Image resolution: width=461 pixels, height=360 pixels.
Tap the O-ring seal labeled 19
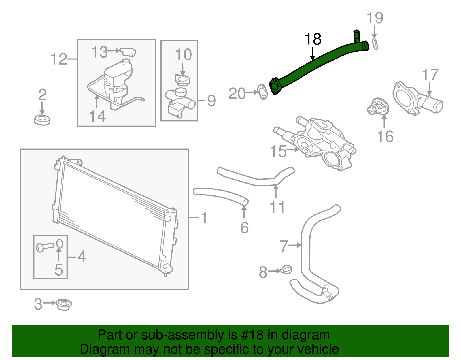click(x=375, y=44)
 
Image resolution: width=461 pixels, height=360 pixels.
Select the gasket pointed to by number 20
click(x=262, y=92)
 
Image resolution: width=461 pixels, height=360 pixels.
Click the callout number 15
click(x=278, y=151)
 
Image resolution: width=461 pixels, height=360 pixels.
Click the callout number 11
click(x=277, y=207)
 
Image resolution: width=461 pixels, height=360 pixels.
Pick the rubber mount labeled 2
click(x=42, y=120)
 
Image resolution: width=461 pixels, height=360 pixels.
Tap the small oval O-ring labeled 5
click(x=59, y=243)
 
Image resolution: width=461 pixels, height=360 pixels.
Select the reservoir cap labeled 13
click(x=128, y=52)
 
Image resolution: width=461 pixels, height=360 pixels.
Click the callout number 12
click(x=58, y=59)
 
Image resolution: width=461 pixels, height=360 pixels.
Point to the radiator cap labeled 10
click(x=182, y=80)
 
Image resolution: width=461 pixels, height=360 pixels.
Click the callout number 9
click(x=211, y=101)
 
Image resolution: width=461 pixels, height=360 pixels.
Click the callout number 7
click(x=284, y=246)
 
